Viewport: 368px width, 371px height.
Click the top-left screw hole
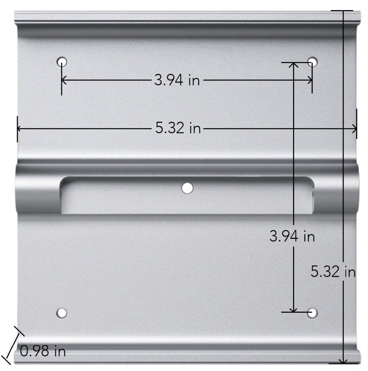point(62,60)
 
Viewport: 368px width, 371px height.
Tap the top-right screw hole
point(313,60)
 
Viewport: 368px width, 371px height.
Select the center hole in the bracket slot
point(187,188)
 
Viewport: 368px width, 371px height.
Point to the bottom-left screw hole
point(62,313)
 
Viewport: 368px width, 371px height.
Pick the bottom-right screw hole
point(313,313)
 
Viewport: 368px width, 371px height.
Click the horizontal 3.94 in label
point(177,80)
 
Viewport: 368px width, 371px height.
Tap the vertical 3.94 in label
point(292,236)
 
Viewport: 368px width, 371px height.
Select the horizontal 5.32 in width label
point(178,128)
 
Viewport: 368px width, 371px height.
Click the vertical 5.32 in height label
point(333,272)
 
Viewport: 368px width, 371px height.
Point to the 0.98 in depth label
point(43,350)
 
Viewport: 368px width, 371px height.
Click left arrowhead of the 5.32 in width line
point(20,128)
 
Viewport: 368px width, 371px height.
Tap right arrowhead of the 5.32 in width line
point(354,128)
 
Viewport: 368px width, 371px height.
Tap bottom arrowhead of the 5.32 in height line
point(344,361)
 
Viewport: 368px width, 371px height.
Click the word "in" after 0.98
point(59,350)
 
